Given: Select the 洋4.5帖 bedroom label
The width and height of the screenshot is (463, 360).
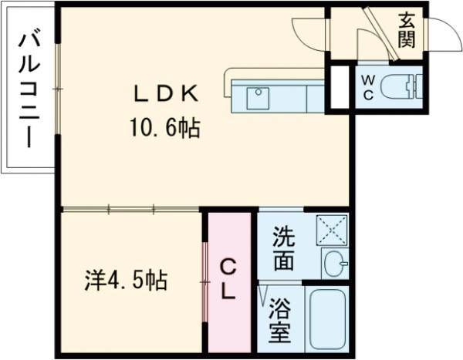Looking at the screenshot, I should [126, 279].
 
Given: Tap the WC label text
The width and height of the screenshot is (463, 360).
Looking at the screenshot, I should [367, 88].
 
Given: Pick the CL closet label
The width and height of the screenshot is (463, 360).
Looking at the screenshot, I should [228, 279].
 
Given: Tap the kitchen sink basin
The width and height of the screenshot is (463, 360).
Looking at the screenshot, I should [257, 96].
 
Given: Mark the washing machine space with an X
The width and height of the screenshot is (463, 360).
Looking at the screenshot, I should [333, 230].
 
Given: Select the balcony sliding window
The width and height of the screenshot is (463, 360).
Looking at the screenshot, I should [57, 89].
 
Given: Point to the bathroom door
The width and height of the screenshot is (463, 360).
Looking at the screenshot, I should [264, 296].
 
